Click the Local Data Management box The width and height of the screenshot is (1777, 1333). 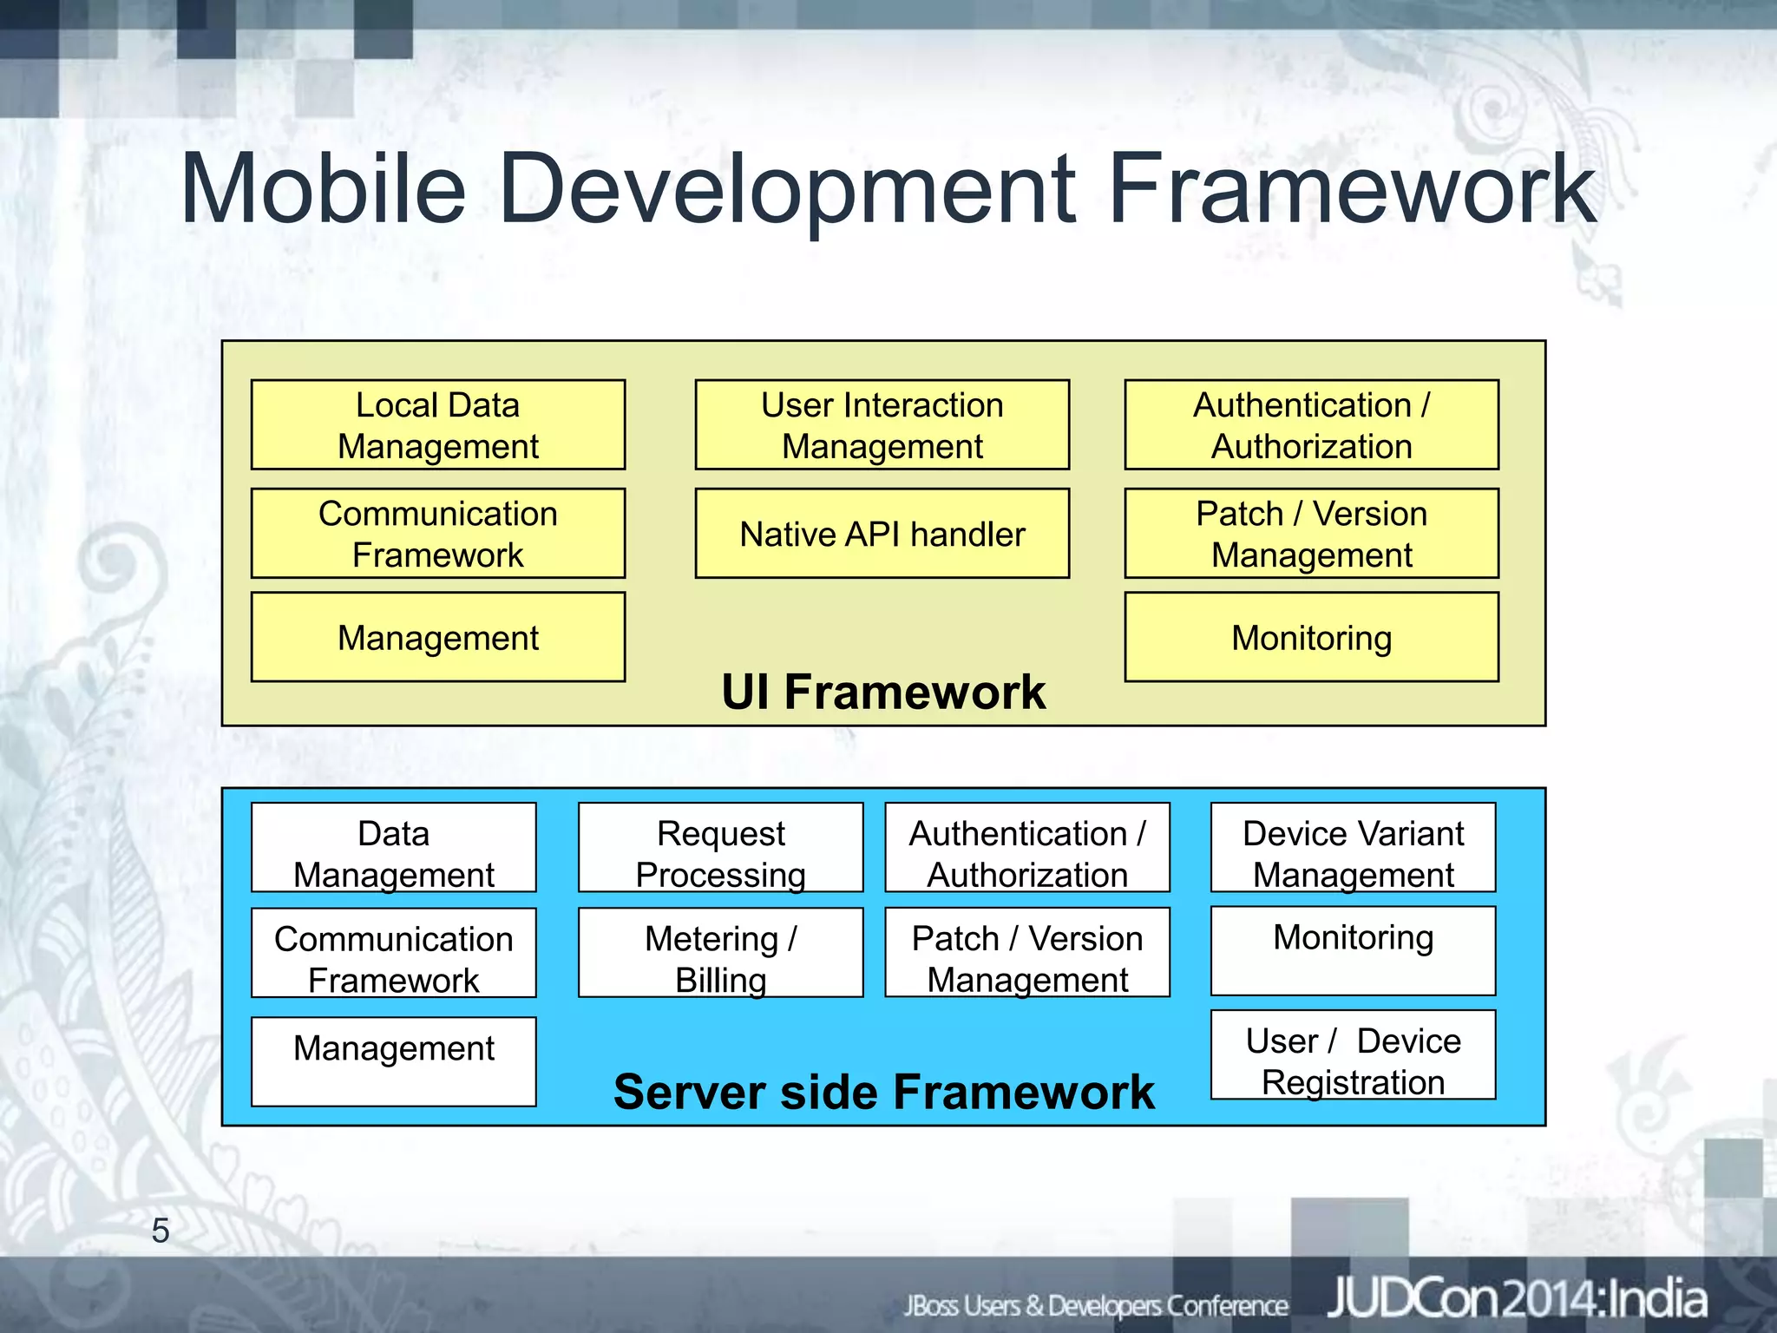pos(437,425)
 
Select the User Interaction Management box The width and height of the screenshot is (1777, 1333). pos(882,425)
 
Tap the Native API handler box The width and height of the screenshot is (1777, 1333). pos(882,534)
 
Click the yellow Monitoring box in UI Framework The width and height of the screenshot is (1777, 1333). pos(1311,637)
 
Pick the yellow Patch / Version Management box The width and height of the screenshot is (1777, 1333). pos(1311,534)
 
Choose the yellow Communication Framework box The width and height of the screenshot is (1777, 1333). pos(437,534)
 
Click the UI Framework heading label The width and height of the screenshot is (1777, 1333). pos(883,693)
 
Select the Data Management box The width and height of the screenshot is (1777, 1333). pos(393,848)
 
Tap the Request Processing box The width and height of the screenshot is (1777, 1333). pos(720,848)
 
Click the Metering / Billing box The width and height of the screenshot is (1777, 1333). pos(720,953)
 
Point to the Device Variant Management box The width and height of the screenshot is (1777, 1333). pos(1353,848)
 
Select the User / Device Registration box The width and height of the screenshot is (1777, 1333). pos(1353,1055)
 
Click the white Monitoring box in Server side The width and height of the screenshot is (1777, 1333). pos(1353,951)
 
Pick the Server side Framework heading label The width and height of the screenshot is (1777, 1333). pos(883,1092)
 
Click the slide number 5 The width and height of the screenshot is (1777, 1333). pos(161,1231)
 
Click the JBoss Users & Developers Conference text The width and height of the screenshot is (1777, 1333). pos(1096,1305)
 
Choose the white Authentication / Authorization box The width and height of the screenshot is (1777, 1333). pos(1027,848)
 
